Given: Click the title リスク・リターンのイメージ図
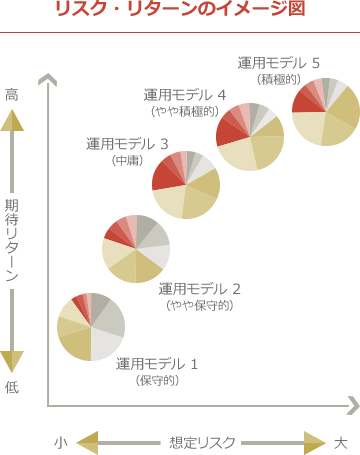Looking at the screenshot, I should (x=180, y=11).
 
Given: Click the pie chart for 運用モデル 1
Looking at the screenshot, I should (x=91, y=327).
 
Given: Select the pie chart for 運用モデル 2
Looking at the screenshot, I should (x=136, y=248).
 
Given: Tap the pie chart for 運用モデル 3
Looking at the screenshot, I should (x=186, y=184).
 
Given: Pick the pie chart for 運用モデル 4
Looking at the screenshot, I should (x=250, y=136).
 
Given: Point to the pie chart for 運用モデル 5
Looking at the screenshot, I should (x=325, y=111).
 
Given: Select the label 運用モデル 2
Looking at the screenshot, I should (x=200, y=289).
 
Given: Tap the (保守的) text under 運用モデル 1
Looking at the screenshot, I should (x=156, y=380).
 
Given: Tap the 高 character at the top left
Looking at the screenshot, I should (x=12, y=94).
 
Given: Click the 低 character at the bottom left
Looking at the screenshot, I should (x=12, y=387).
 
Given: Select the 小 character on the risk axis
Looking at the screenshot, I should (x=61, y=441).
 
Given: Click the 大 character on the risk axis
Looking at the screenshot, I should (x=341, y=441).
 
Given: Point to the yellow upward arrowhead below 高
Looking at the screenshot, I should (x=12, y=121).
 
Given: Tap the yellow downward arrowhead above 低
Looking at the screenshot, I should (x=12, y=361).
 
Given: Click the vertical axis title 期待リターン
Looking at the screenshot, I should (x=12, y=240).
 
